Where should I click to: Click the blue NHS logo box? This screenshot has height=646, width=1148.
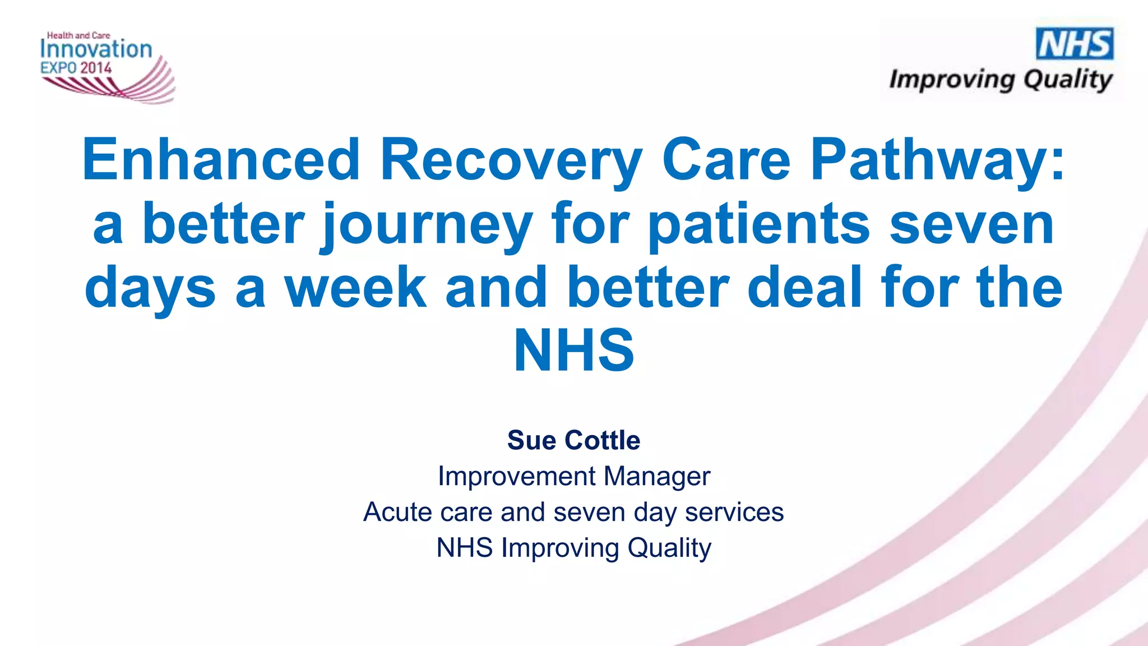click(1075, 44)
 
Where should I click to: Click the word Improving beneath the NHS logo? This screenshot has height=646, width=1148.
click(951, 80)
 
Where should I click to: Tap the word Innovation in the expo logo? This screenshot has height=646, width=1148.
click(96, 49)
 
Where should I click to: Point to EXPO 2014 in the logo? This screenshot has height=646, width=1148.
click(76, 68)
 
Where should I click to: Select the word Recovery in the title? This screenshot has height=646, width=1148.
click(511, 161)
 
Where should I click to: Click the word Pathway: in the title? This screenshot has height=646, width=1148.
click(937, 161)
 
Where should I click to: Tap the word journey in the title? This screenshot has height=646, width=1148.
click(427, 225)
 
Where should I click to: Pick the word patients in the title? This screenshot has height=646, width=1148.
click(758, 224)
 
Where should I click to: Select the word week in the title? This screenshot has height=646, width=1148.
click(355, 288)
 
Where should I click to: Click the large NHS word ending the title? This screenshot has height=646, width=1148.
click(574, 351)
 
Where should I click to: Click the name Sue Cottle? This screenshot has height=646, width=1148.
click(573, 440)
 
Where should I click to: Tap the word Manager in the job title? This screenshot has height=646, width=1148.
click(656, 477)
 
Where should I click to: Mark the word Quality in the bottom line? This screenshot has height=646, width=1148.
click(669, 548)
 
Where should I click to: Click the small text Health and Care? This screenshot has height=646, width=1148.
click(78, 35)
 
